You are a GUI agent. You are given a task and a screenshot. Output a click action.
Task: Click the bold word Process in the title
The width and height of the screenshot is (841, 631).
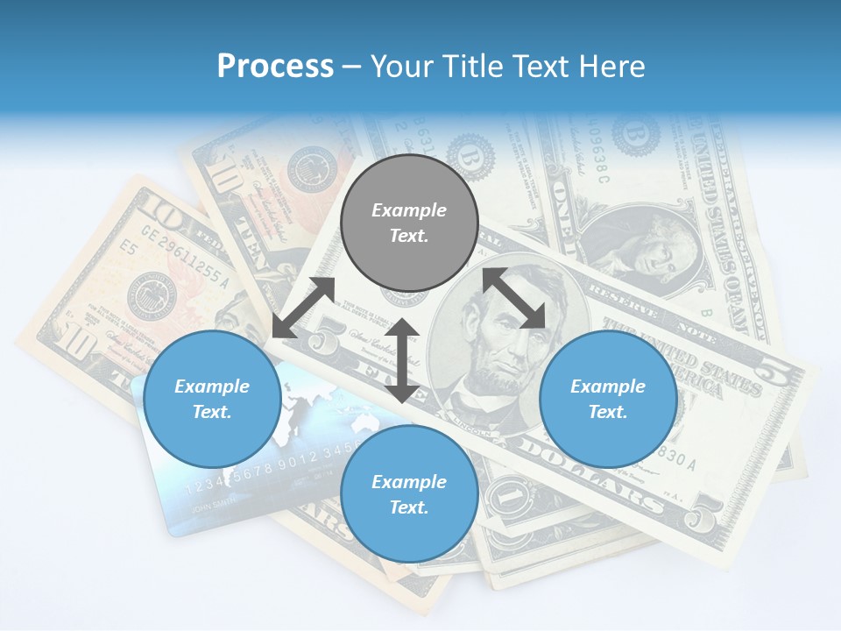pos(275,67)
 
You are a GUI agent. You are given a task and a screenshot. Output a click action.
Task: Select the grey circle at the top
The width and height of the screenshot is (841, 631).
pos(409,223)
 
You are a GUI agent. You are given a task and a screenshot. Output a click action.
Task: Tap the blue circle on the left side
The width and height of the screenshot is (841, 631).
pos(212,399)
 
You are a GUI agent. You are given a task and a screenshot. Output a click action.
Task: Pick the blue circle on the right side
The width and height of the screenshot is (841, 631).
pos(608,399)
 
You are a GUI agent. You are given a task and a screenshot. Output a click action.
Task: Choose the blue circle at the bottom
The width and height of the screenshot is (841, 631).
pos(409,494)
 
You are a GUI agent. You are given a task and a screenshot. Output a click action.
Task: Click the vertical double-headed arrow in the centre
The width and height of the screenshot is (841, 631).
pos(402,360)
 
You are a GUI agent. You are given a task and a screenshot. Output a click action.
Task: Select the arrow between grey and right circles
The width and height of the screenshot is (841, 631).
pos(514,299)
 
